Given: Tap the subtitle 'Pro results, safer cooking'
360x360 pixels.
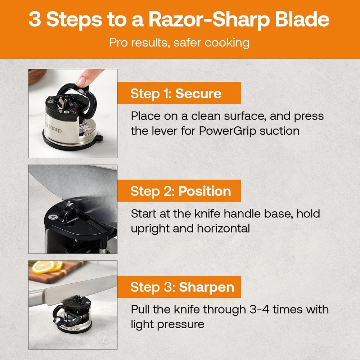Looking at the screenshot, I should click(179, 43).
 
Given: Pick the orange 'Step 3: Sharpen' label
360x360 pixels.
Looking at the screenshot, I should click(182, 287).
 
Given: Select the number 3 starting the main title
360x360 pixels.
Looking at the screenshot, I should click(35, 20).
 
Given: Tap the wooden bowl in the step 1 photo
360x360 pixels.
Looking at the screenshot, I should click(37, 75).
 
